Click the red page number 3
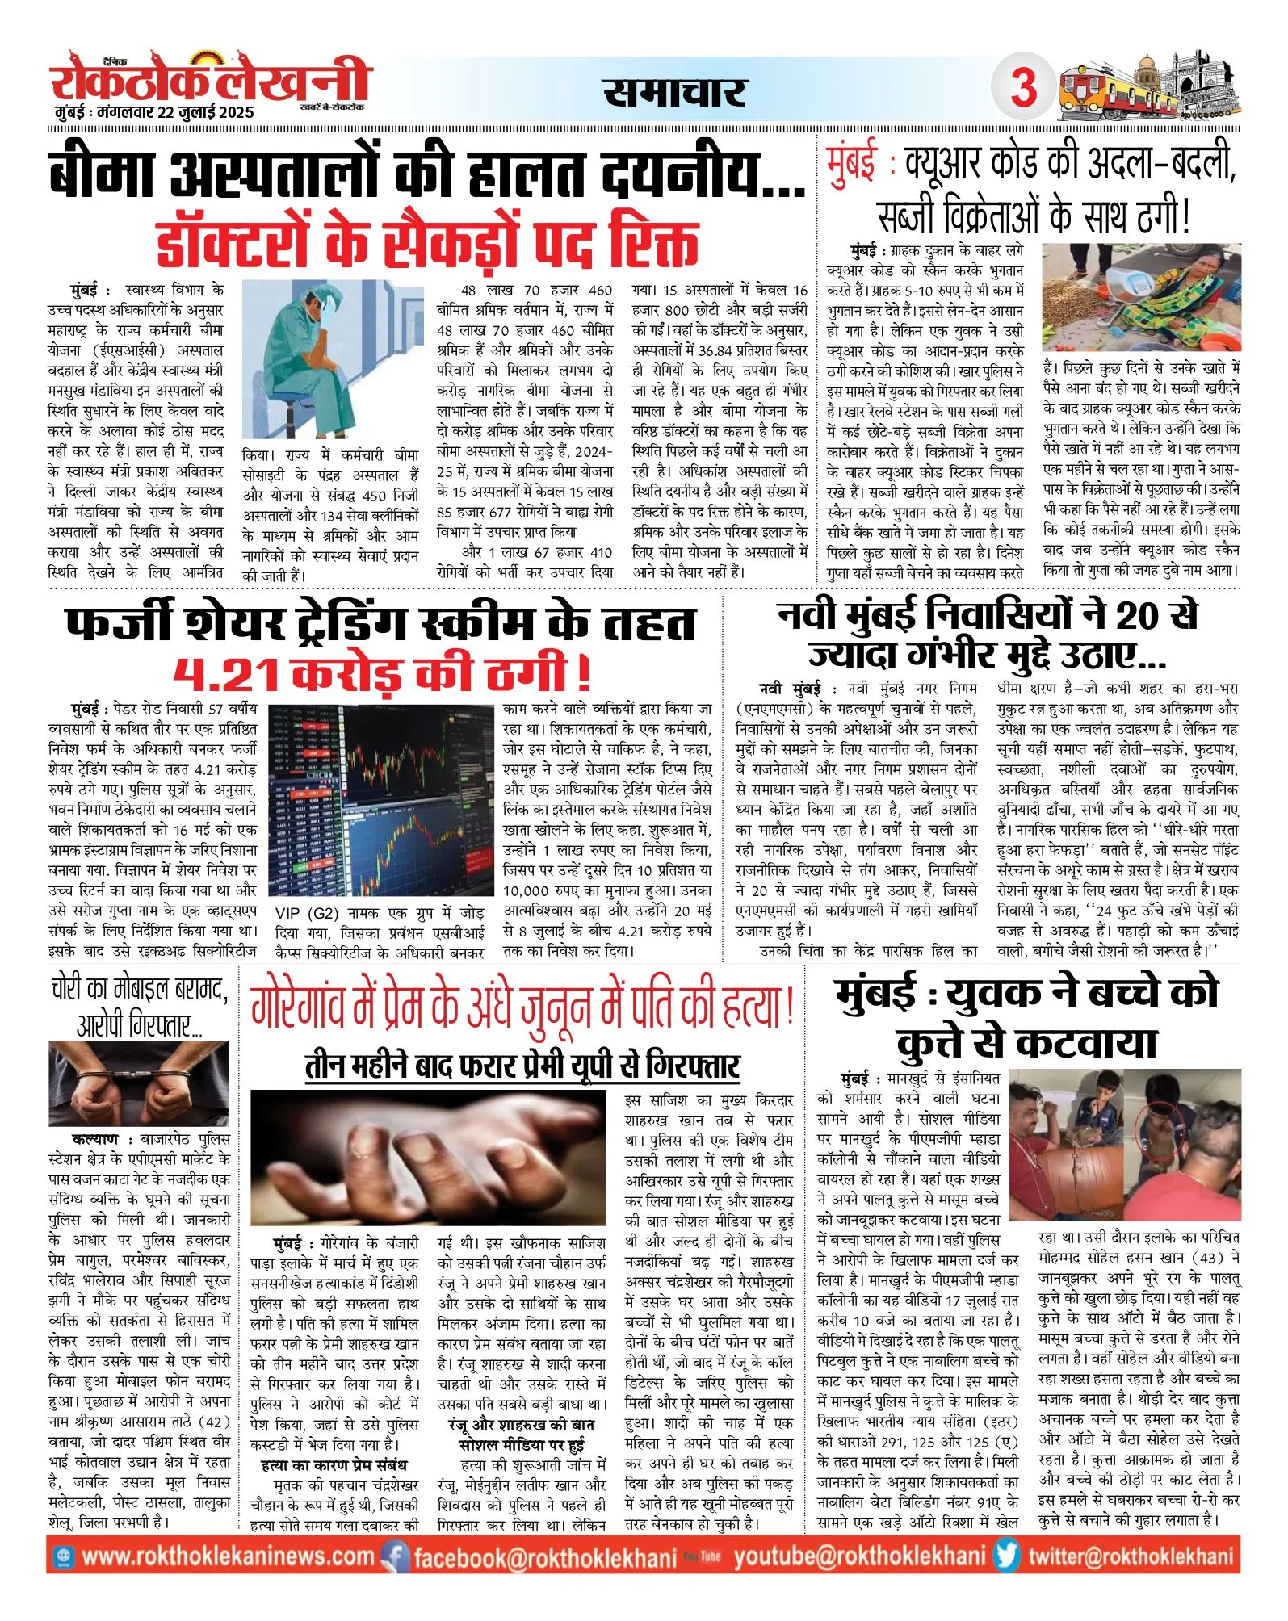tap(1023, 87)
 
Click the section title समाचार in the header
tap(674, 92)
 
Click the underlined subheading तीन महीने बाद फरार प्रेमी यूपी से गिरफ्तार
tap(522, 1066)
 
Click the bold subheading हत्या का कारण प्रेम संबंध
tap(334, 1464)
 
